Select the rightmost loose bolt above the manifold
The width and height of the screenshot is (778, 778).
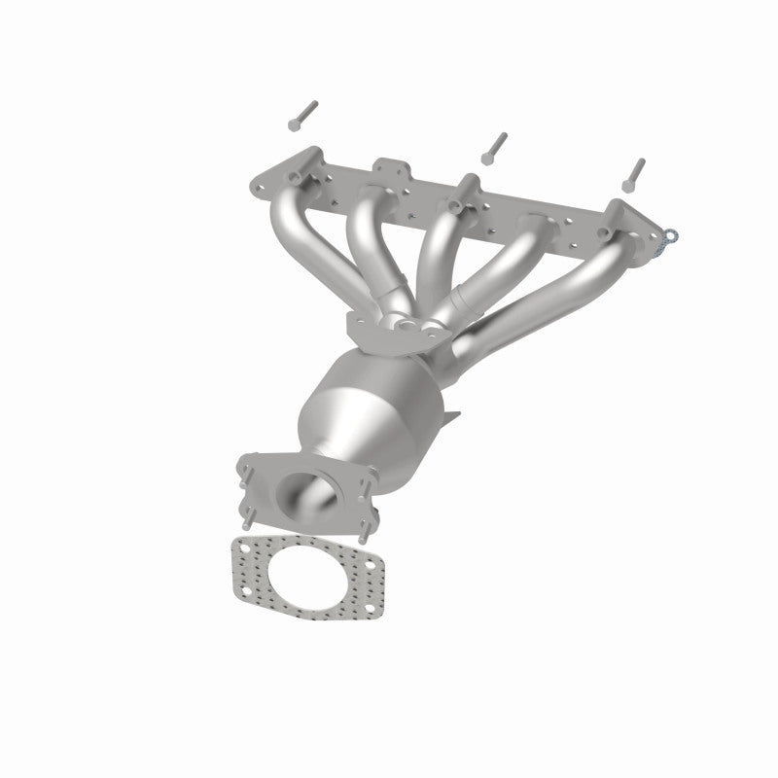635,172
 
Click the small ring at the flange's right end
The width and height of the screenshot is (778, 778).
670,234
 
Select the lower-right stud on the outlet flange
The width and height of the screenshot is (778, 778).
364,534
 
